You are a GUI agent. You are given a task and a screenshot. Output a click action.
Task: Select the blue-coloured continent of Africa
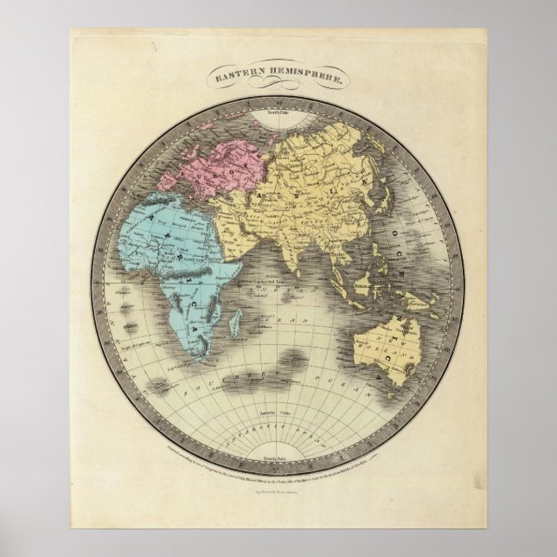(169, 251)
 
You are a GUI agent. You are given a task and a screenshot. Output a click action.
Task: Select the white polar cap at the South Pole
(278, 463)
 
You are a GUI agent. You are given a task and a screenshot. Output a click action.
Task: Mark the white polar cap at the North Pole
(278, 119)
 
